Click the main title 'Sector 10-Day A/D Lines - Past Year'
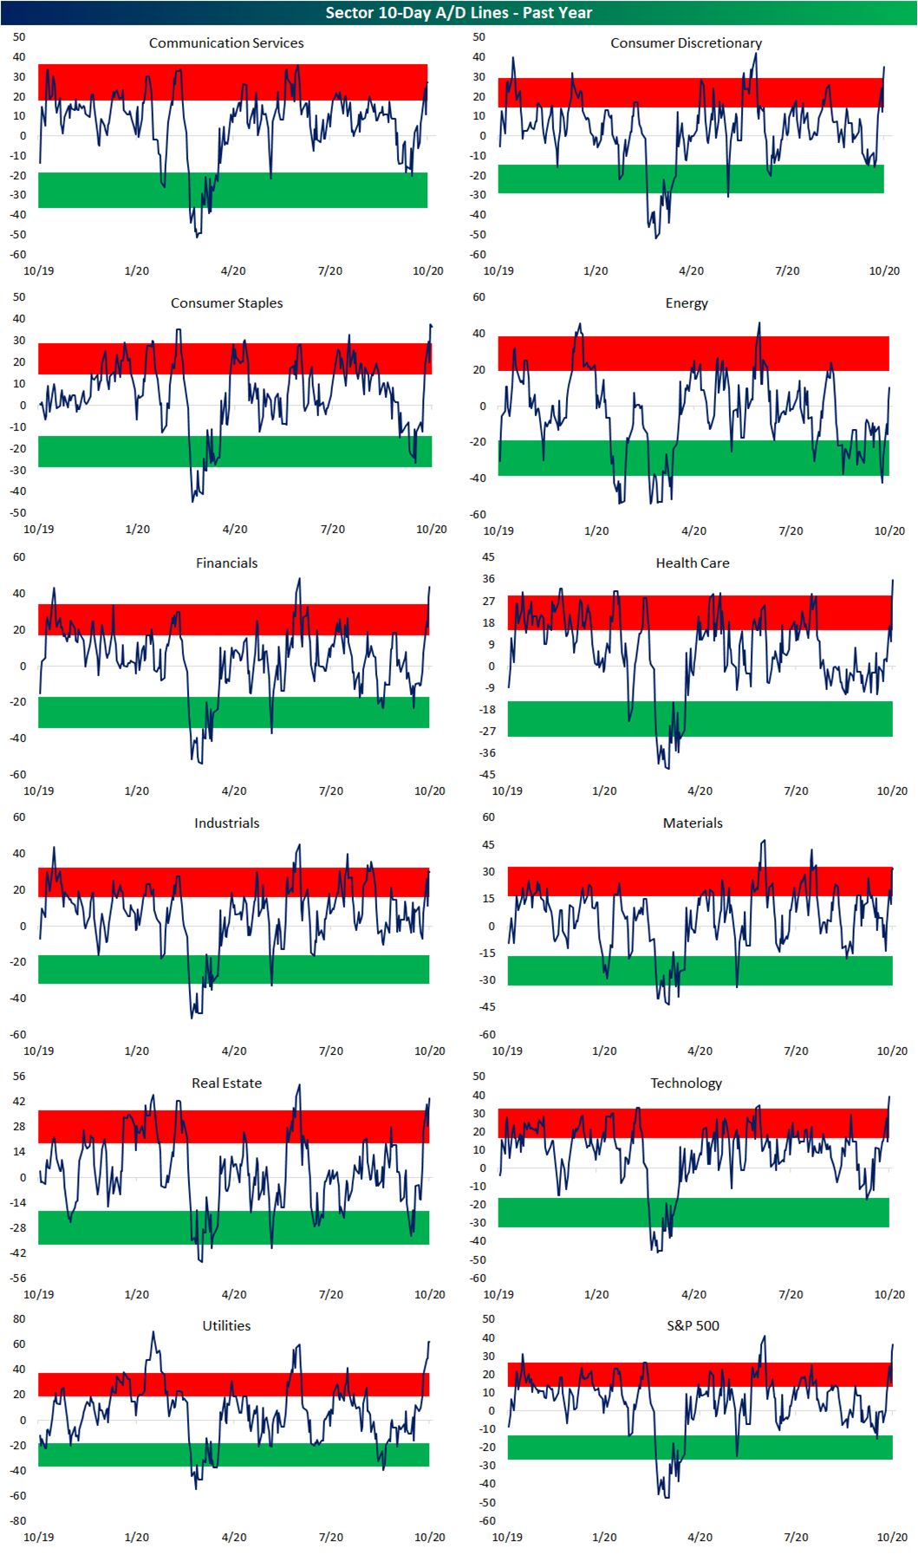click(x=459, y=13)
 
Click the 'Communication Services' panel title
click(x=226, y=43)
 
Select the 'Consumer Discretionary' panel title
click(x=686, y=43)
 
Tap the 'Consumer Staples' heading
click(x=226, y=303)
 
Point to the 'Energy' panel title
click(x=687, y=303)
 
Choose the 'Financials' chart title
click(x=226, y=563)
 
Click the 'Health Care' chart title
click(x=693, y=563)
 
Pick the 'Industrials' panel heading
click(x=226, y=823)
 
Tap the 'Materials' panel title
click(x=693, y=823)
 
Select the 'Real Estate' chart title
click(x=226, y=1083)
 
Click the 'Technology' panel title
click(x=686, y=1083)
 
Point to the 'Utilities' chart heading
click(x=226, y=1326)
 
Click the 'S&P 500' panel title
click(x=693, y=1326)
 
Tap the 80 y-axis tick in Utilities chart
click(x=19, y=1319)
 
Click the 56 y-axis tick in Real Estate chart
click(x=19, y=1077)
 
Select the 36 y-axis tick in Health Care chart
click(x=489, y=579)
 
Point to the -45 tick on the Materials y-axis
click(x=487, y=1007)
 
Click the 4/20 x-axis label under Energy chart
click(x=693, y=531)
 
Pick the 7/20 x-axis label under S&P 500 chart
click(x=796, y=1537)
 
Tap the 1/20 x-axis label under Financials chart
click(x=136, y=791)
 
